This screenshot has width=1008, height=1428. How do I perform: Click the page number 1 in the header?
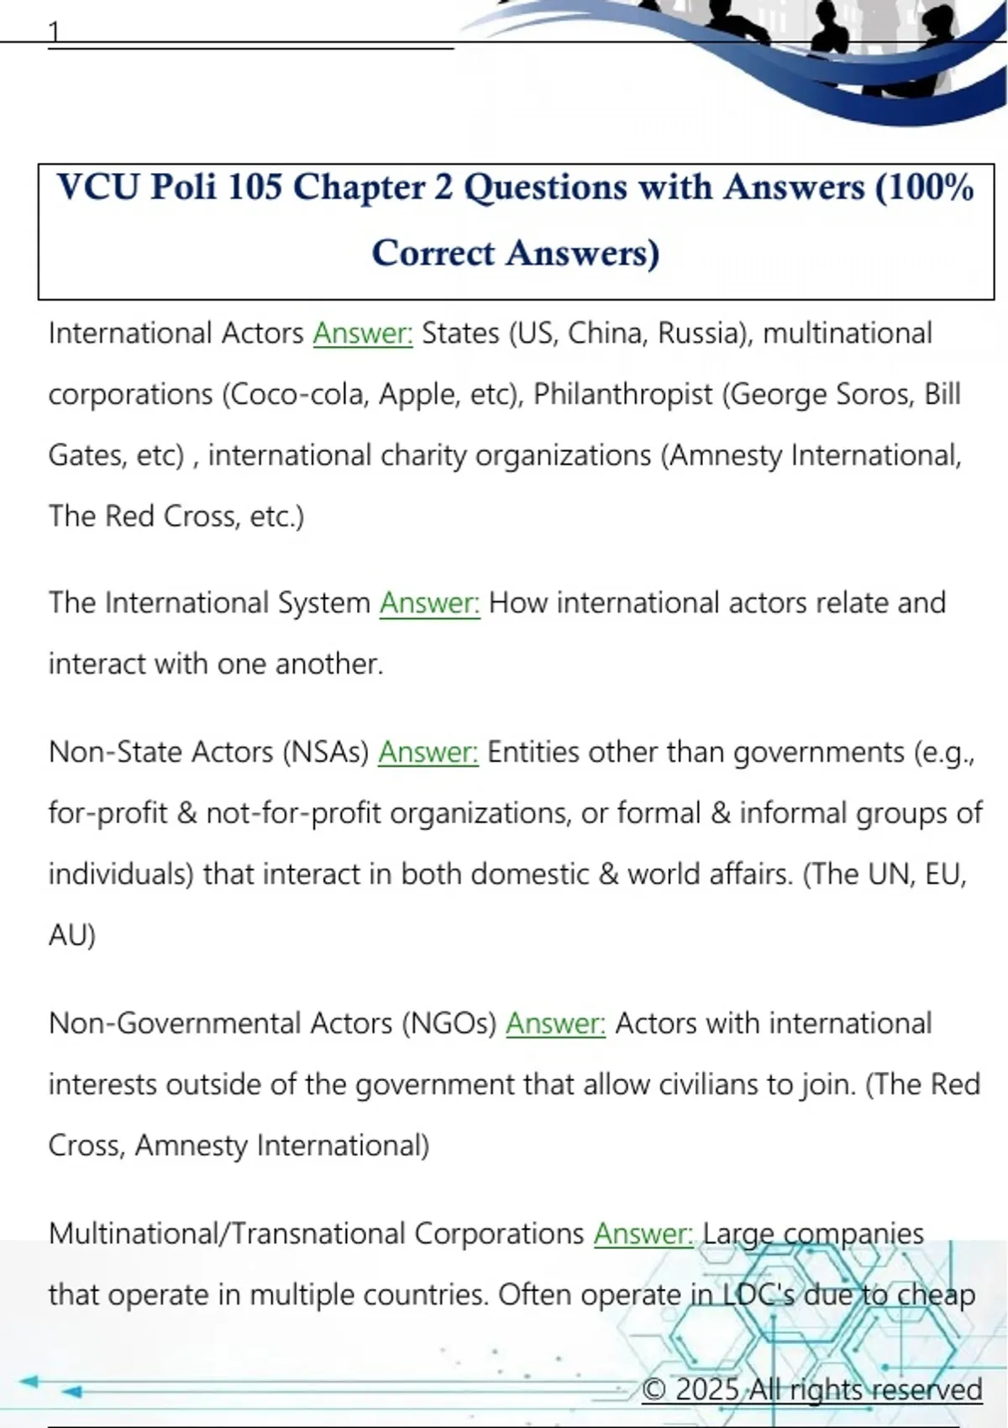pos(55,32)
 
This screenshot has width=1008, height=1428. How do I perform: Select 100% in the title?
pos(924,186)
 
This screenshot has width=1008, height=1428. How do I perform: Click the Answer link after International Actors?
pos(363,333)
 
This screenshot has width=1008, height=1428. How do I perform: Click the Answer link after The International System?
pos(429,603)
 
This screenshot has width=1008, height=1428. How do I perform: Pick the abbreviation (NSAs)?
pos(326,752)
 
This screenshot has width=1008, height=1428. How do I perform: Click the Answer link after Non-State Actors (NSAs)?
pos(428,752)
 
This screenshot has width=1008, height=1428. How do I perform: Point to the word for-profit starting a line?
pos(108,813)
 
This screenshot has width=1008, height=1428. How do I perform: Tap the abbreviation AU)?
pos(72,935)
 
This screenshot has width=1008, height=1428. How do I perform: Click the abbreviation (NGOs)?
pos(449,1023)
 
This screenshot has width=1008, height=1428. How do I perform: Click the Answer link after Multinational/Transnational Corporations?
pos(643,1233)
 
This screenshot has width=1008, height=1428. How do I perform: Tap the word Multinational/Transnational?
pos(227,1233)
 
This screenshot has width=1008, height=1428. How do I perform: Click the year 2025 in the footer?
pos(707,1389)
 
